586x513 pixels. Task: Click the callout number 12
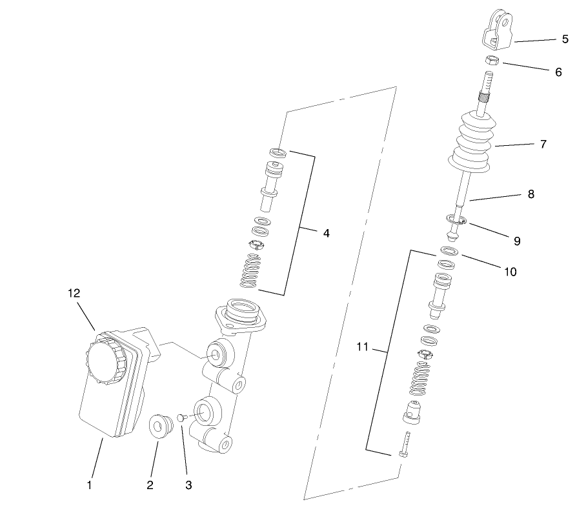(x=74, y=293)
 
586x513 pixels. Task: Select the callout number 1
(x=90, y=483)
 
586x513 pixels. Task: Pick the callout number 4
(x=327, y=233)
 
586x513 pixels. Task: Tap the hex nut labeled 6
(x=490, y=60)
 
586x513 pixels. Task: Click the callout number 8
(x=530, y=194)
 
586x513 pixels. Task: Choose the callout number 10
(x=510, y=272)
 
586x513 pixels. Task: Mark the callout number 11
(x=361, y=347)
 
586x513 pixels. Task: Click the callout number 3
(x=188, y=484)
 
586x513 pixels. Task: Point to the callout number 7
(x=543, y=145)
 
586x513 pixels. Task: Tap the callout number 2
(x=150, y=484)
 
